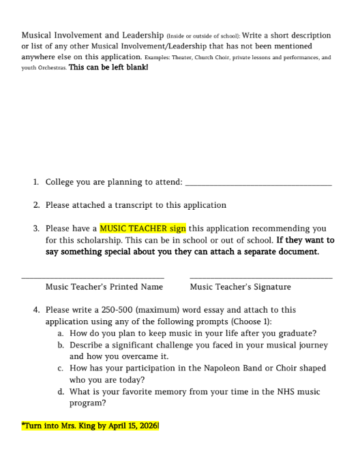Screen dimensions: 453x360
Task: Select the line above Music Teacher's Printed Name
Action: pyautogui.click(x=93, y=277)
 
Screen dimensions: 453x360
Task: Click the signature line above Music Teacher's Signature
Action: pyautogui.click(x=261, y=277)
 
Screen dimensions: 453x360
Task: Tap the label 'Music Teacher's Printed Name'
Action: pyautogui.click(x=104, y=287)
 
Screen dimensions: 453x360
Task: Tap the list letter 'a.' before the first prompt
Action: pyautogui.click(x=61, y=333)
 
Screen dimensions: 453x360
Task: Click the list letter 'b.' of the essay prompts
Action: pyautogui.click(x=61, y=345)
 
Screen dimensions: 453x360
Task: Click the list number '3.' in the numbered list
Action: pyautogui.click(x=35, y=229)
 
